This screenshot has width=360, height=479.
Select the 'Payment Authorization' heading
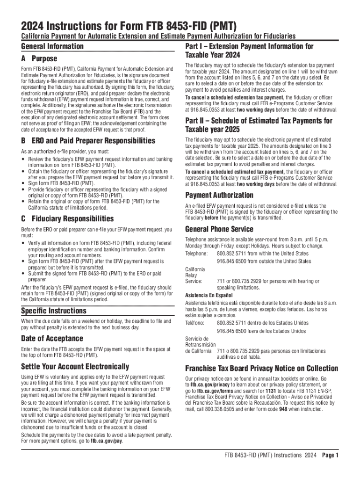coord(219,195)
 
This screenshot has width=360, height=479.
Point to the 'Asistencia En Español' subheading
coord(209,296)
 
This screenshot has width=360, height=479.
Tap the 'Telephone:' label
coord(197,253)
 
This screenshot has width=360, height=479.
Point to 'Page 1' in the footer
coord(331,456)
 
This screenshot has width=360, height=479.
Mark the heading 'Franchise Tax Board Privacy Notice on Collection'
coord(261,368)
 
